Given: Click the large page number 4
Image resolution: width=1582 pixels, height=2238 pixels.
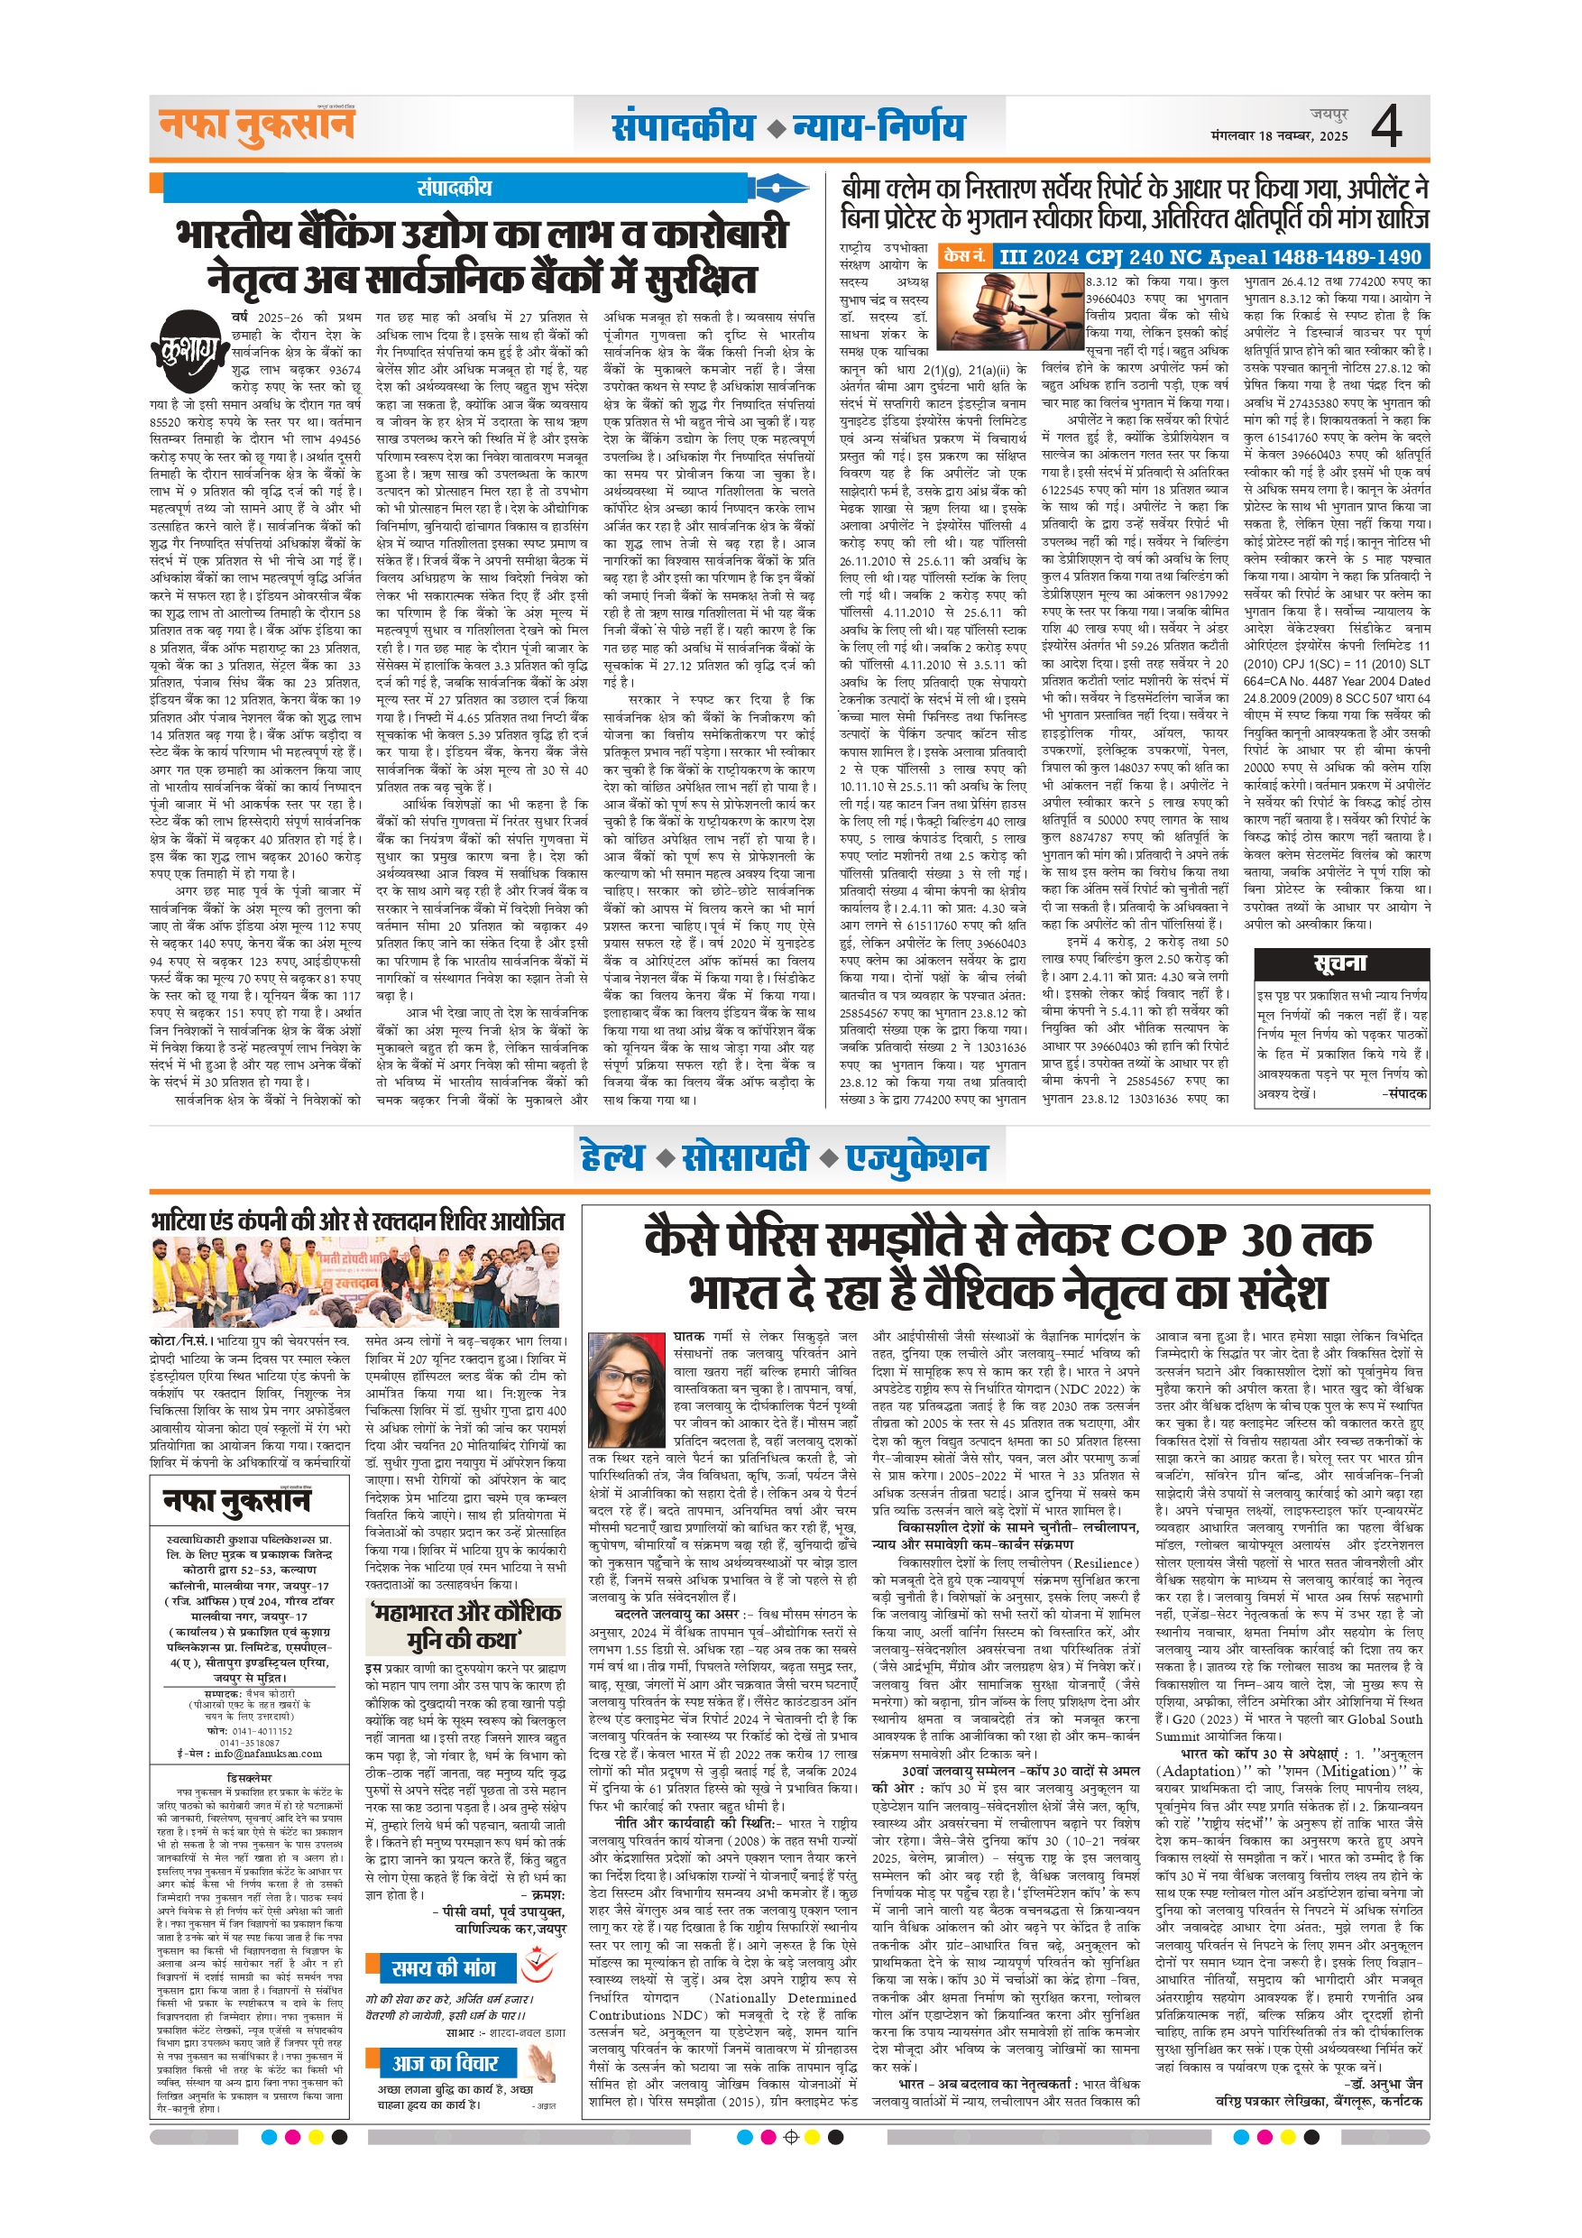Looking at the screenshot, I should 1386,125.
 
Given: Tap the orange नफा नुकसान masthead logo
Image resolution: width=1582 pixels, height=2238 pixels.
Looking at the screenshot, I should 256,126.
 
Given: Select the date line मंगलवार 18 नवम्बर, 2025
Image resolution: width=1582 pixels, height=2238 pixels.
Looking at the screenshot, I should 1279,136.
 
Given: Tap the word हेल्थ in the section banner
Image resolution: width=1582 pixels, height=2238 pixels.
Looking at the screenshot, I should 612,1157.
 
